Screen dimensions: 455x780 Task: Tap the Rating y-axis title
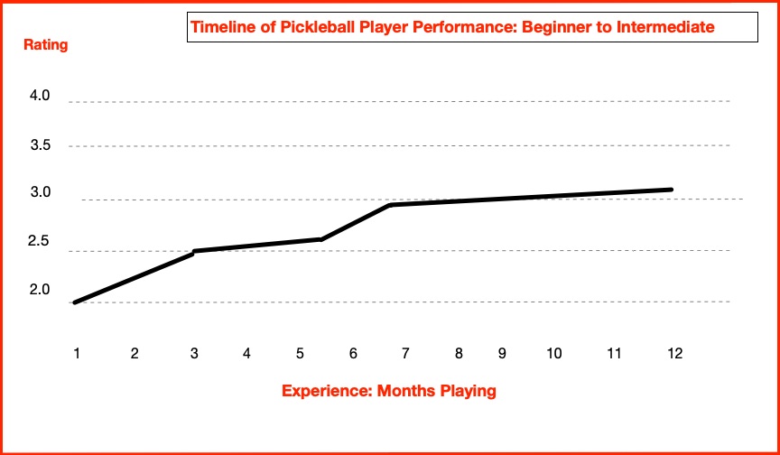coord(44,43)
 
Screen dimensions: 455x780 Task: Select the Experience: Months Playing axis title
coord(389,391)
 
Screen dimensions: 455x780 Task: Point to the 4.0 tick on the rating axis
coord(40,96)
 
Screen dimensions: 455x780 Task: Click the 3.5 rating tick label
coord(40,144)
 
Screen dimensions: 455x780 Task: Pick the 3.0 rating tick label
coord(40,193)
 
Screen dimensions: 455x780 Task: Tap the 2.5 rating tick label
coord(40,242)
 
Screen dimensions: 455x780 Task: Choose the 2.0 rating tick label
coord(40,291)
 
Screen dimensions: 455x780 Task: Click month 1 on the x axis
coord(78,353)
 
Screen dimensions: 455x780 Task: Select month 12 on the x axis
coord(673,353)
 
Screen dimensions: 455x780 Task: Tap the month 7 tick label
coord(405,353)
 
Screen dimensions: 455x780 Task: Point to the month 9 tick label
coord(502,353)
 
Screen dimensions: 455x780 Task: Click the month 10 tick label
coord(554,353)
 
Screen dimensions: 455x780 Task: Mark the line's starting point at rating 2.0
coord(75,302)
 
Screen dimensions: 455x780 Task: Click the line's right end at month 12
coord(671,190)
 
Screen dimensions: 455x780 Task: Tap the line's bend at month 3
coord(194,252)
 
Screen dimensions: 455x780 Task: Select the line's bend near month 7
coord(390,206)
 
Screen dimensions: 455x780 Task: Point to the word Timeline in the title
coord(219,27)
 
